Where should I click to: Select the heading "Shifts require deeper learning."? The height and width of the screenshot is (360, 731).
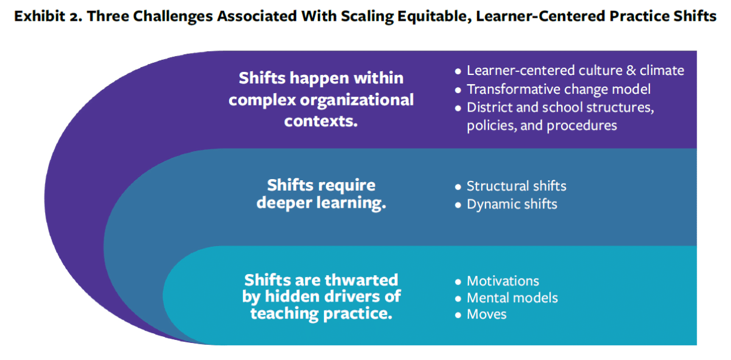(x=321, y=194)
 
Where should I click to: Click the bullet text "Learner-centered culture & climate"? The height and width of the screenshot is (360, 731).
(x=575, y=71)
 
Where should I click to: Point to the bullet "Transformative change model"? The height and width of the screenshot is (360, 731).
(x=559, y=89)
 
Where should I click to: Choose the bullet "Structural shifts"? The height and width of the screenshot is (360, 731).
(x=516, y=186)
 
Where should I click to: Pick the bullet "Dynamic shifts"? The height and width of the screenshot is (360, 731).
(x=512, y=204)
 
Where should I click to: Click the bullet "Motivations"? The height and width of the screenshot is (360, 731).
(x=503, y=281)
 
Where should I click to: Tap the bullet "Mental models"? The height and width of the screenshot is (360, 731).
(x=512, y=298)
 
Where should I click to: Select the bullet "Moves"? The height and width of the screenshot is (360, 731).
(x=486, y=314)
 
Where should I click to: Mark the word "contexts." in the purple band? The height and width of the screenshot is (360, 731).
(x=321, y=120)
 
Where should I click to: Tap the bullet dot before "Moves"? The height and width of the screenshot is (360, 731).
(x=458, y=315)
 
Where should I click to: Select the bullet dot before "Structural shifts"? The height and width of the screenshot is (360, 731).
(x=458, y=186)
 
